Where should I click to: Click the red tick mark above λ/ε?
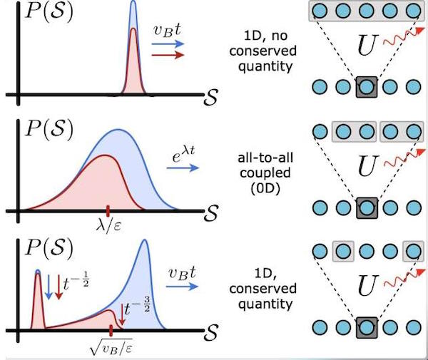[x=108, y=211]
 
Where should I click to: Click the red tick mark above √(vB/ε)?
[x=111, y=331]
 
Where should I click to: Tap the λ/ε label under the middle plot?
[x=108, y=226]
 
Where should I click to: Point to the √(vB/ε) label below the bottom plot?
[x=111, y=346]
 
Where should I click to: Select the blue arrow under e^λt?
[x=183, y=168]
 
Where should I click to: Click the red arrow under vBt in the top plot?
[x=168, y=55]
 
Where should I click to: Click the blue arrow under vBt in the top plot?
[x=168, y=43]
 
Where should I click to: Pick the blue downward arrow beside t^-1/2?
[x=49, y=287]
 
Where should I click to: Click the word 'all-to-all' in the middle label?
[x=265, y=158]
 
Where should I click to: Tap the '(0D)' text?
[x=265, y=189]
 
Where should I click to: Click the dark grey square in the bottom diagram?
[x=367, y=327]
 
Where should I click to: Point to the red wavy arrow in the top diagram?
[x=404, y=36]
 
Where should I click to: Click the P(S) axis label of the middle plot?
[x=49, y=128]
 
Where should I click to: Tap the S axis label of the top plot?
[x=210, y=97]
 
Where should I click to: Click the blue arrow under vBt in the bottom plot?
[x=182, y=287]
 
